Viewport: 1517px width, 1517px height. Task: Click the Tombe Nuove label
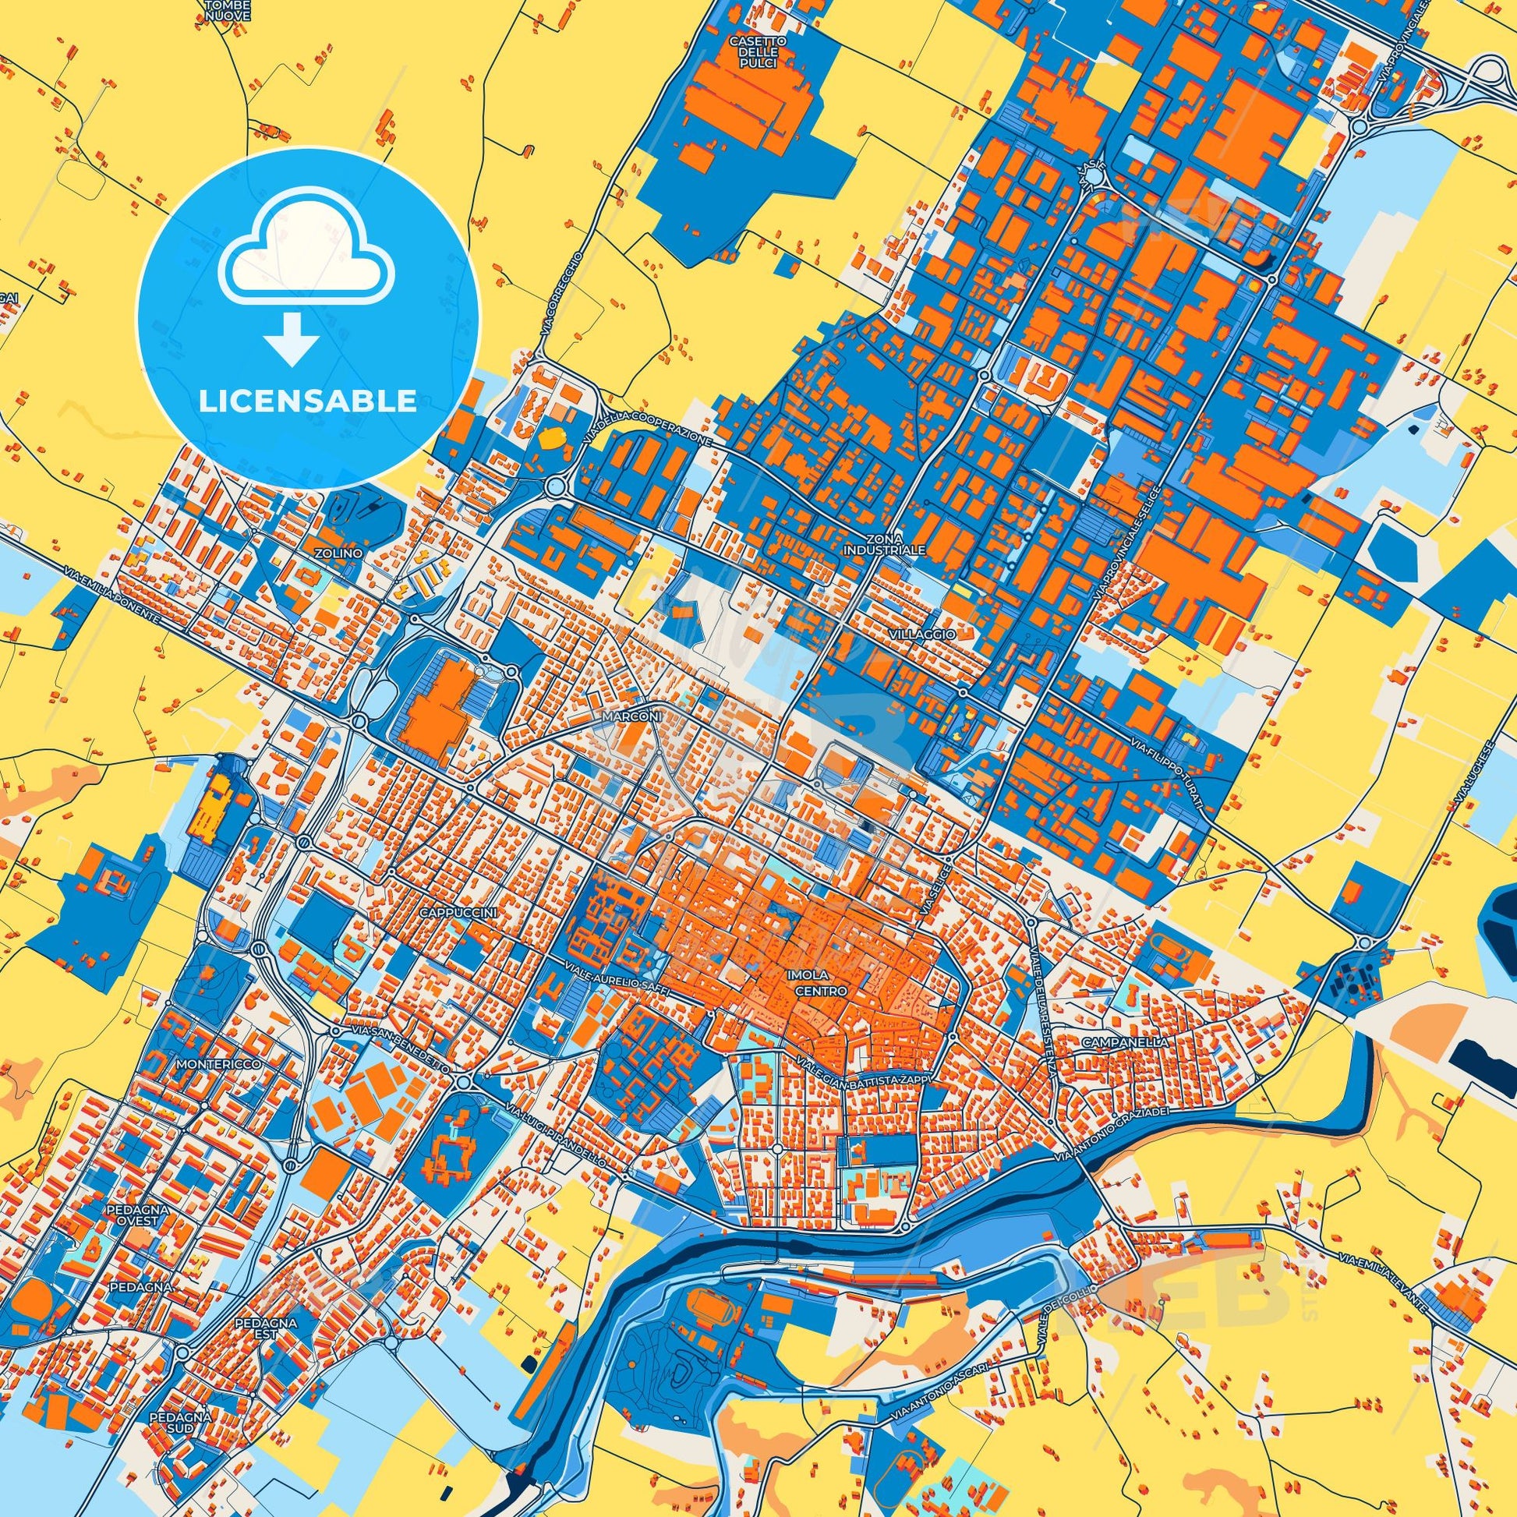tap(227, 10)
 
